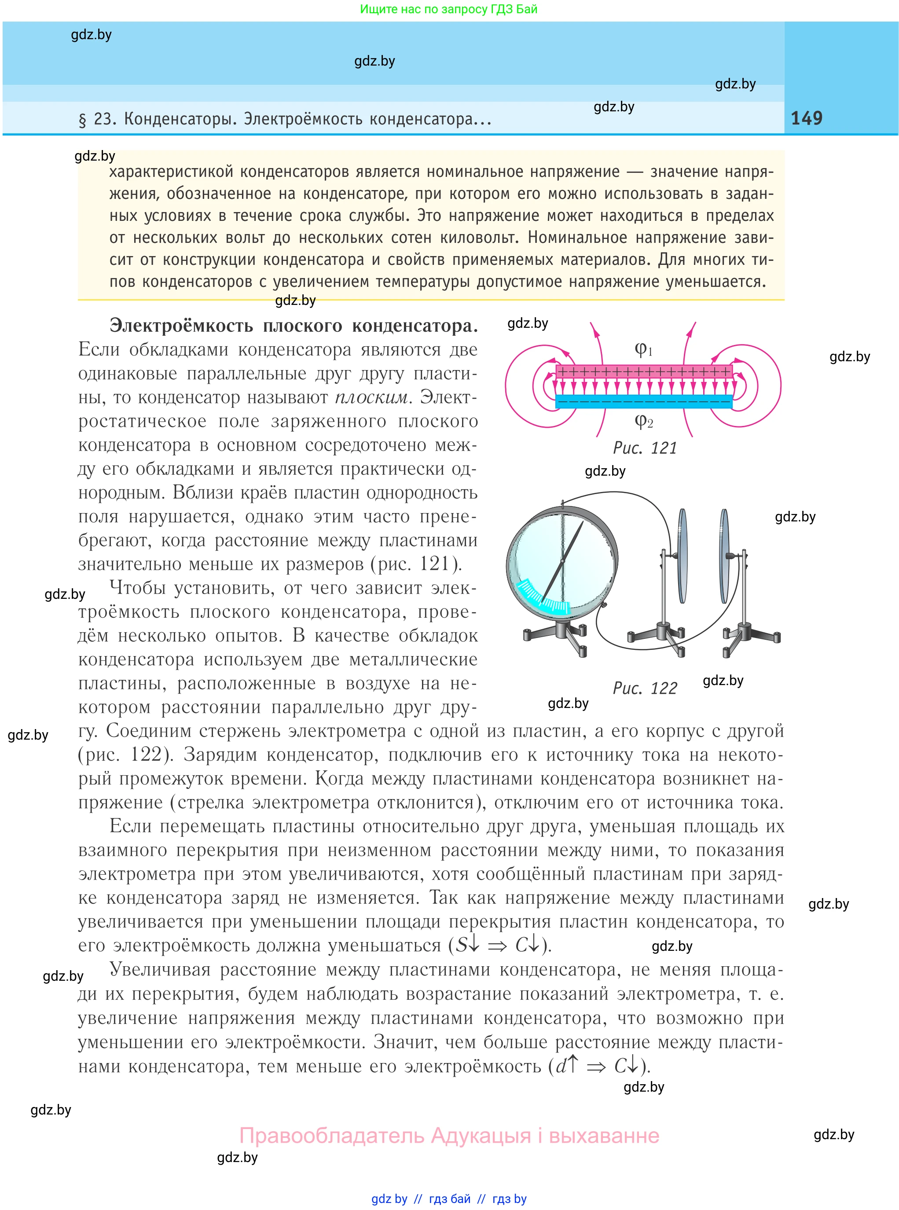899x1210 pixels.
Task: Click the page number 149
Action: pos(806,118)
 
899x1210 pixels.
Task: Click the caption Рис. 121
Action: pos(645,448)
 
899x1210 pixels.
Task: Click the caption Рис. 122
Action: pos(645,688)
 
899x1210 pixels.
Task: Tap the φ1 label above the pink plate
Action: pos(643,349)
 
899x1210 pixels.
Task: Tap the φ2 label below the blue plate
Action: pos(643,421)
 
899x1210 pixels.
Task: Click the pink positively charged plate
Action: pos(644,372)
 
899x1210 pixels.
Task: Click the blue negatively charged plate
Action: pos(644,402)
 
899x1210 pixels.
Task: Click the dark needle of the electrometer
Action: pos(566,561)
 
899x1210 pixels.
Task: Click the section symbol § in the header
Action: pos(83,119)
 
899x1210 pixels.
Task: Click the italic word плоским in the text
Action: pos(371,397)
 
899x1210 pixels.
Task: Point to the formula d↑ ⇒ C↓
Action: pos(596,1066)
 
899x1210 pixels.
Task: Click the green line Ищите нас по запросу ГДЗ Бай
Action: pos(448,9)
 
